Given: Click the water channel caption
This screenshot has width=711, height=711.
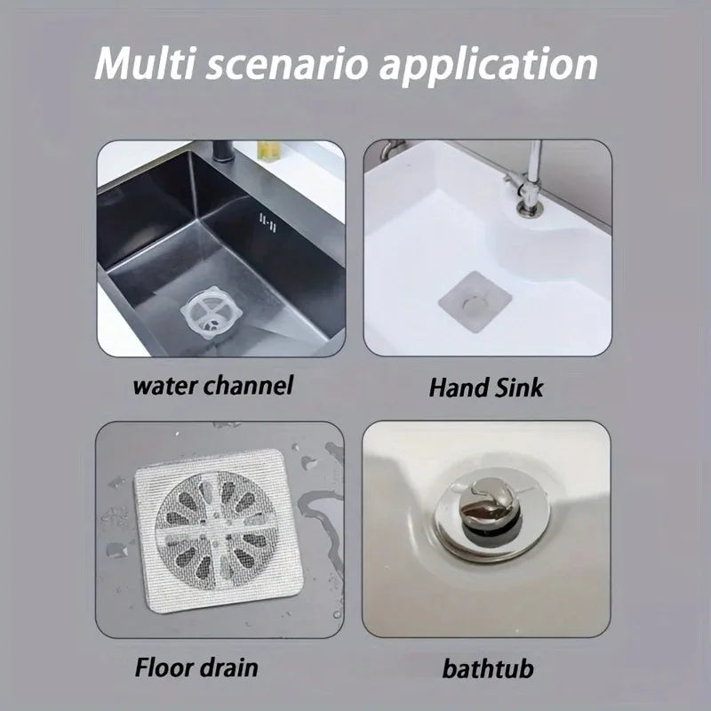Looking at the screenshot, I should (212, 387).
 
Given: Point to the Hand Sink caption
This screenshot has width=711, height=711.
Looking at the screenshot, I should (486, 387).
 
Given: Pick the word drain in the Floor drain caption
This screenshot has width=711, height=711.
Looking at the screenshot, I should (233, 667).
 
